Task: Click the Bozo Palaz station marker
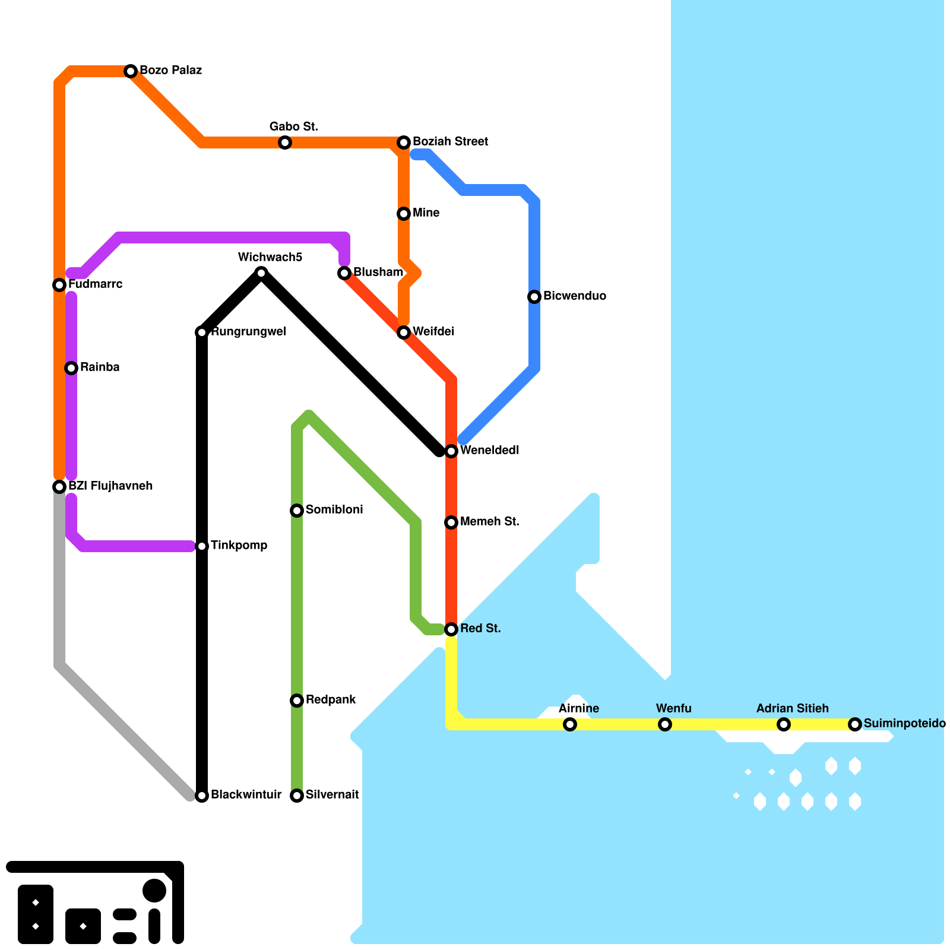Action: click(x=131, y=71)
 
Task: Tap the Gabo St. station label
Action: click(x=294, y=126)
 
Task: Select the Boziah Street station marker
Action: click(x=404, y=142)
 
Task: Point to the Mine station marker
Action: click(x=404, y=214)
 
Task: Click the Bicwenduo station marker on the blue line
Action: click(x=534, y=297)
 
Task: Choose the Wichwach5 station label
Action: click(x=270, y=257)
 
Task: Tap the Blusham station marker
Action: click(x=344, y=273)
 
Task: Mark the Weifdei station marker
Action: click(x=404, y=332)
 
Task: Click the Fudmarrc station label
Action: click(x=96, y=284)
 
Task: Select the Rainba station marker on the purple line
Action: click(x=71, y=368)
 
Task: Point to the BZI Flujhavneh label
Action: click(x=110, y=486)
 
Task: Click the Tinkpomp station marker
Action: click(x=202, y=546)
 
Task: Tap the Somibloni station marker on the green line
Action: click(x=297, y=511)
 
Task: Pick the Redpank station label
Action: click(x=331, y=699)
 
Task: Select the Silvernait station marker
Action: click(x=297, y=796)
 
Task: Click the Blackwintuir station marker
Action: click(x=202, y=796)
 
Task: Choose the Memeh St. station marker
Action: click(x=451, y=522)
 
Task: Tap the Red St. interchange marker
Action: click(x=451, y=629)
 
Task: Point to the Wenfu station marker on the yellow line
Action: click(x=665, y=724)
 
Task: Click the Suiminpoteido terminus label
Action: click(x=905, y=723)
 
